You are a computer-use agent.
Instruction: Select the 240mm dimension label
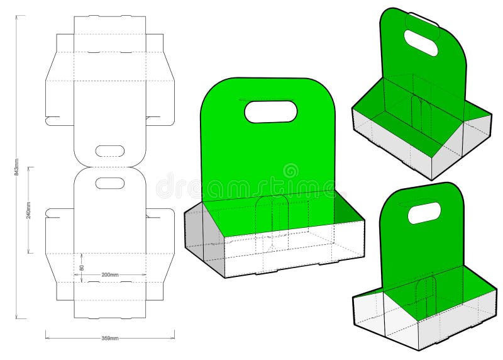pyautogui.click(x=29, y=210)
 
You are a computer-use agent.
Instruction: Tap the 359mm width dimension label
pyautogui.click(x=110, y=338)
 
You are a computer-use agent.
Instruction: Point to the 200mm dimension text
pyautogui.click(x=111, y=275)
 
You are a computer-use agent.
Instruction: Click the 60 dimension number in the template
pyautogui.click(x=82, y=267)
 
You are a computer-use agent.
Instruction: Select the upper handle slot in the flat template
pyautogui.click(x=110, y=151)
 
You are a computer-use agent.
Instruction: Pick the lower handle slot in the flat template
pyautogui.click(x=110, y=183)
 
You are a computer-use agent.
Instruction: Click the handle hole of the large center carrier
pyautogui.click(x=270, y=111)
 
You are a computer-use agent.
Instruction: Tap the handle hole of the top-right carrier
pyautogui.click(x=421, y=43)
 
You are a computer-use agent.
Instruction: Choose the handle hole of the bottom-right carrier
pyautogui.click(x=424, y=213)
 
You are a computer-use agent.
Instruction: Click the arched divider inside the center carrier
pyautogui.click(x=272, y=217)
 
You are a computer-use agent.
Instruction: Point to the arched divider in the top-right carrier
pyautogui.click(x=416, y=113)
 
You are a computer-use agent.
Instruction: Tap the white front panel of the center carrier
pyautogui.click(x=296, y=252)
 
